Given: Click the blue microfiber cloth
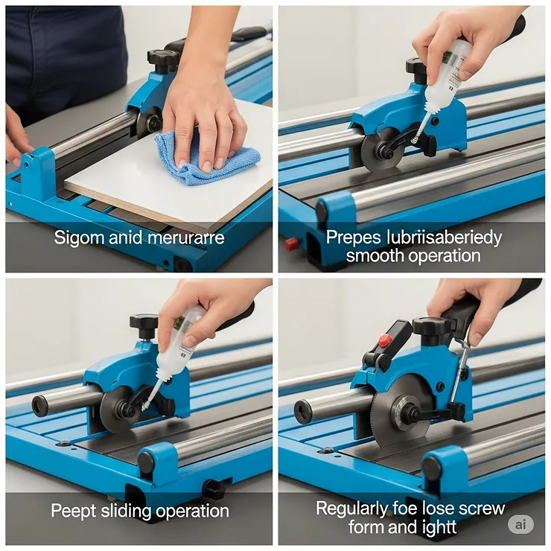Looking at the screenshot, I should pyautogui.click(x=208, y=159).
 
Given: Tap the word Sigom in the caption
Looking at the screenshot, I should pyautogui.click(x=77, y=238).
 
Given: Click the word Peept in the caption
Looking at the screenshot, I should pyautogui.click(x=72, y=511).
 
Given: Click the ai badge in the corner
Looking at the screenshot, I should pyautogui.click(x=521, y=524).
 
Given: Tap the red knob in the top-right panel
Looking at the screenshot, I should pyautogui.click(x=291, y=243).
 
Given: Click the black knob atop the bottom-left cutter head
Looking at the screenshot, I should pyautogui.click(x=144, y=323).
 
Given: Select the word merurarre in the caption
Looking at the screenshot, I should pyautogui.click(x=180, y=238).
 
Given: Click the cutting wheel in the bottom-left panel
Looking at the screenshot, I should pyautogui.click(x=119, y=410).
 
